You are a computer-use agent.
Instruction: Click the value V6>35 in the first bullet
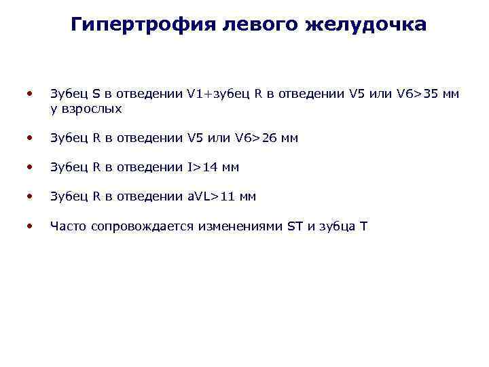pyautogui.click(x=414, y=94)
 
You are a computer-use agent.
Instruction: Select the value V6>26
pyautogui.click(x=255, y=138)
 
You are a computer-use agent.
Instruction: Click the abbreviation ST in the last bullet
pyautogui.click(x=295, y=226)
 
